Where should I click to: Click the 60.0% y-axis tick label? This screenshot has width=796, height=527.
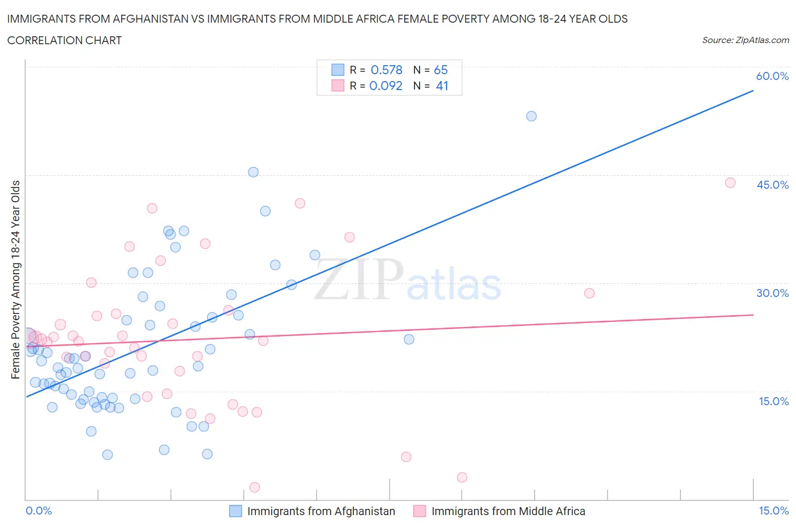[x=772, y=76]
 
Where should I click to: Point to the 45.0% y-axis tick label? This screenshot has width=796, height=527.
[x=772, y=185]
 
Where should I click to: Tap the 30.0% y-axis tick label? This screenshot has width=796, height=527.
[x=772, y=293]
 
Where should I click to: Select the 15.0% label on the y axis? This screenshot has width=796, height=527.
[x=772, y=401]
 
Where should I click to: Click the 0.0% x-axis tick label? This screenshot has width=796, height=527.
[x=38, y=511]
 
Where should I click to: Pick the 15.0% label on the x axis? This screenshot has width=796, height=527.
[x=773, y=511]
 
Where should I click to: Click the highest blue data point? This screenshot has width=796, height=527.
[x=531, y=116]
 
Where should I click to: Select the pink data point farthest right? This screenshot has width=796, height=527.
[x=730, y=182]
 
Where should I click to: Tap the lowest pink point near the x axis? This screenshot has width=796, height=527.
[x=255, y=487]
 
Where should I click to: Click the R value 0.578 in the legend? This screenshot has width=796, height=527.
[x=386, y=70]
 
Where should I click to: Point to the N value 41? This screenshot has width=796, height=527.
[x=442, y=86]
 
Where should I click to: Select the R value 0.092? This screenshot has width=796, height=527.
[x=386, y=86]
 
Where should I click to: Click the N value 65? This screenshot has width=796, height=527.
[x=440, y=70]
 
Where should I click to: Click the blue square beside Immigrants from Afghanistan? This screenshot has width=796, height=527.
[x=235, y=511]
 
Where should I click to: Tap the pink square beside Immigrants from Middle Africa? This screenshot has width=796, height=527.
[x=420, y=511]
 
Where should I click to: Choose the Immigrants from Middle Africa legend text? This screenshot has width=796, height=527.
[x=508, y=511]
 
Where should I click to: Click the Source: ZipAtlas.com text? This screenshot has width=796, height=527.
[x=745, y=40]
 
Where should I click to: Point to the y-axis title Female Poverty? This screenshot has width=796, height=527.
[x=15, y=279]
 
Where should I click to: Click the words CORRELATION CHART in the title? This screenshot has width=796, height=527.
[x=65, y=40]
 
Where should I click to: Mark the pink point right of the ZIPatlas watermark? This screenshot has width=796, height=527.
[x=589, y=293]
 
